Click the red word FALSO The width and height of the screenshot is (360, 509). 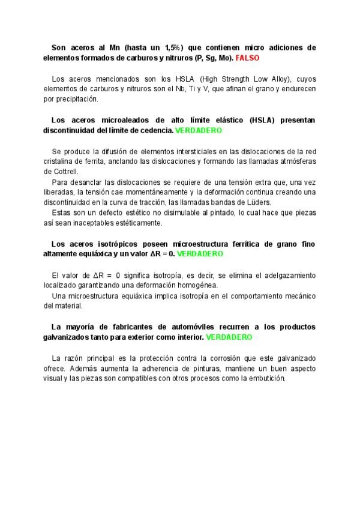coord(248,59)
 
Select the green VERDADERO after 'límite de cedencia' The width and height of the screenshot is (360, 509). coord(199,130)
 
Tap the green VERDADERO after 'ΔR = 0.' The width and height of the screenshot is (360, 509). coord(200,254)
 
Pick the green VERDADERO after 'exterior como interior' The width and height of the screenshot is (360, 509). coord(229,337)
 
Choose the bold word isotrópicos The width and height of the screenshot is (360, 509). coord(112,244)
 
